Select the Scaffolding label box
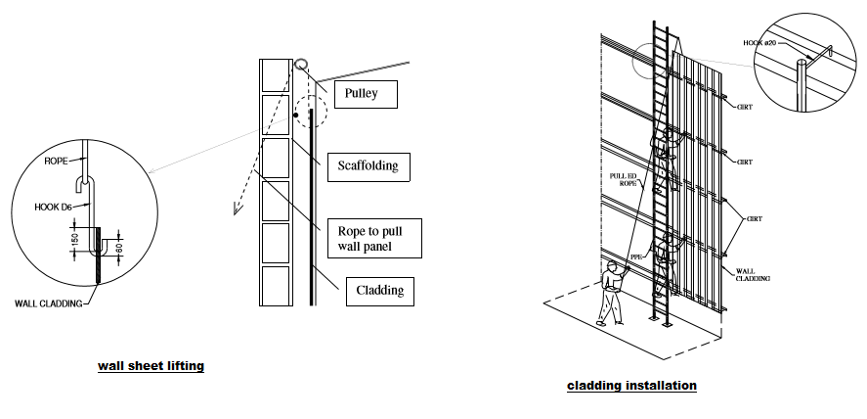click(x=368, y=165)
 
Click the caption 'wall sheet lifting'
click(x=151, y=366)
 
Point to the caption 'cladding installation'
click(x=631, y=386)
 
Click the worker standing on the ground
click(x=610, y=293)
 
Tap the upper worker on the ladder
click(x=669, y=147)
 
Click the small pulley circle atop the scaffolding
click(x=301, y=64)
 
